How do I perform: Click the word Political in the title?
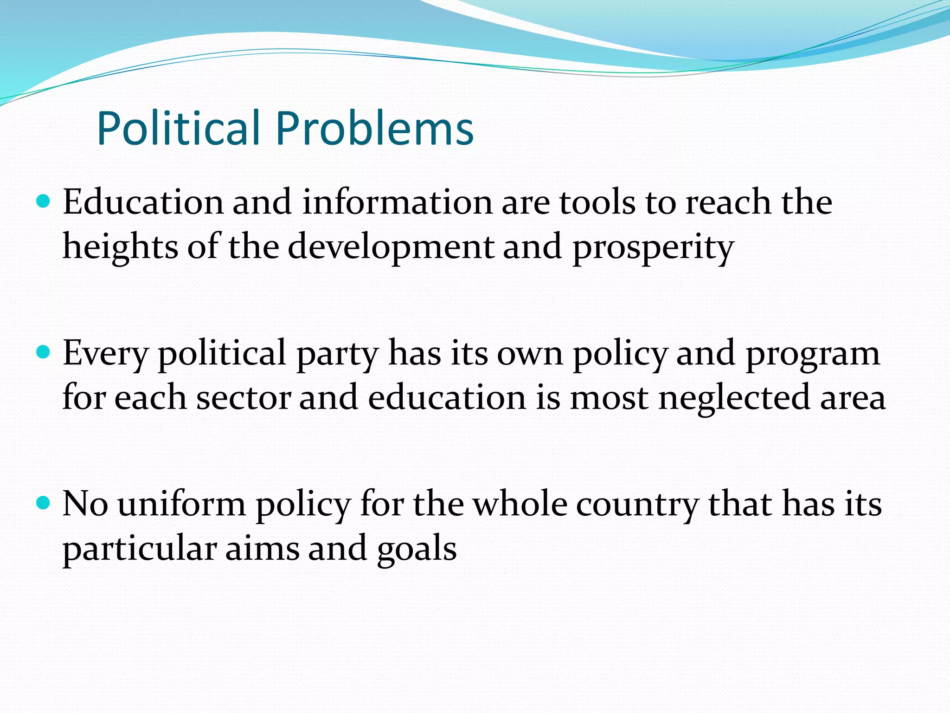178,128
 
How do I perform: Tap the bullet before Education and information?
43,201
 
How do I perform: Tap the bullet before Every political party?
43,353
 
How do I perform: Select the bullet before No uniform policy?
43,503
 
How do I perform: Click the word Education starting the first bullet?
143,202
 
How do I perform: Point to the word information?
397,202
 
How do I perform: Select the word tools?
597,202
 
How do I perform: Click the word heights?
120,247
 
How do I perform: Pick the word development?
391,247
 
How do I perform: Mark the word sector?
243,398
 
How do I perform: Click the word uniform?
181,504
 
